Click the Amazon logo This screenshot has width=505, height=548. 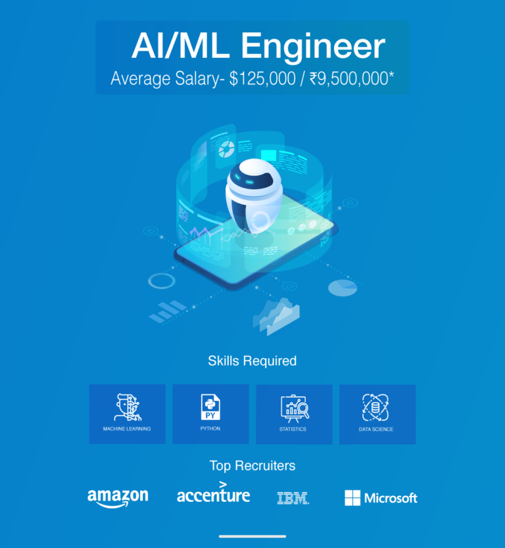118,498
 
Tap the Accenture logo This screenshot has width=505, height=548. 213,492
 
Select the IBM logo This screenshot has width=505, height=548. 293,498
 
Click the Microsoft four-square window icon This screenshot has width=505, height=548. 352,497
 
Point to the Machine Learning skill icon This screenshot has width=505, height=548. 128,407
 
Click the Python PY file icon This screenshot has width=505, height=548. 210,407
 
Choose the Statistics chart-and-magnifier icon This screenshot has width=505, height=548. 295,409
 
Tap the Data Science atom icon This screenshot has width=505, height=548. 375,407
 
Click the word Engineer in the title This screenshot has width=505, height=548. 313,47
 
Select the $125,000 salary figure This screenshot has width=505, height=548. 262,78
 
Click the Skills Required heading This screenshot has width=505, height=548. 252,361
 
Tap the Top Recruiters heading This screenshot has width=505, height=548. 252,465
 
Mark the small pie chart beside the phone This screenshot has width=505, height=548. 343,288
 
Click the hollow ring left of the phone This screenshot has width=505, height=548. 162,281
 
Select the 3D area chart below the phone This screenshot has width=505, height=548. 276,317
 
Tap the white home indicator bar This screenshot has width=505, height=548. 252,536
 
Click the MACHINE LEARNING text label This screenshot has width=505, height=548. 127,429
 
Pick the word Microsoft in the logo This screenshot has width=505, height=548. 391,498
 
